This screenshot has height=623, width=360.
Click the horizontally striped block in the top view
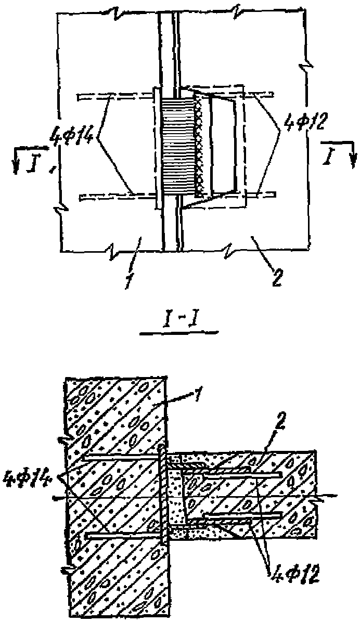click(x=178, y=147)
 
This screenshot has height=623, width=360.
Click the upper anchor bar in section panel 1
click(x=123, y=458)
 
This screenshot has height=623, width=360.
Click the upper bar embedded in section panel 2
click(x=243, y=474)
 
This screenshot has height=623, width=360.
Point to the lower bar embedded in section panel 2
click(x=243, y=515)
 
